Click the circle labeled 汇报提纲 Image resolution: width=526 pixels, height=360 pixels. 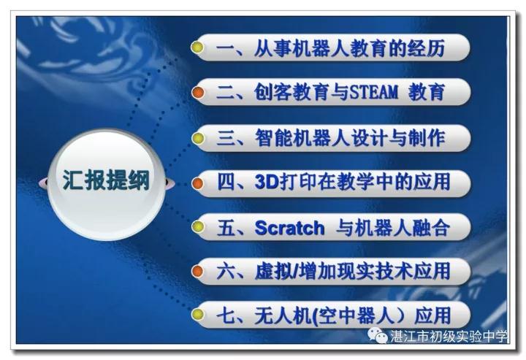107,183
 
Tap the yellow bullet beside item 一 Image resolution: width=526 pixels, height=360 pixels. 197,47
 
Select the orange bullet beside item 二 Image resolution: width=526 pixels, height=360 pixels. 198,92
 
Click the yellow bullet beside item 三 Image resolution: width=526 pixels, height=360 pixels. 198,138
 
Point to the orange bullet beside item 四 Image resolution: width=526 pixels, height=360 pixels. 198,183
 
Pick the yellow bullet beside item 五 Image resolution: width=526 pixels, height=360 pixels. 198,226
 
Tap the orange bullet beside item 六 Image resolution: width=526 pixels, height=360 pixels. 198,271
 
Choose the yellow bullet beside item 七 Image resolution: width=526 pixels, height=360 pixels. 198,314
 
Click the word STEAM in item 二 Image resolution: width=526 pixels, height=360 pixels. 374,92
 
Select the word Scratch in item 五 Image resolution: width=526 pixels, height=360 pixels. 289,228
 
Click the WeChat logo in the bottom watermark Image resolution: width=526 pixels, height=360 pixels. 378,335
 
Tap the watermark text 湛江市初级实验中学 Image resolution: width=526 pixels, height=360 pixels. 449,336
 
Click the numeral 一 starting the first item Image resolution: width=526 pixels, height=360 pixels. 226,48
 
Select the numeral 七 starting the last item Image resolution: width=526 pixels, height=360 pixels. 226,315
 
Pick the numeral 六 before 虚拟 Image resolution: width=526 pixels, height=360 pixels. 226,272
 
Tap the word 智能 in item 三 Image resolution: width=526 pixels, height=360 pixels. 273,138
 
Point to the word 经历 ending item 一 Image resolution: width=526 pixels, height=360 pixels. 426,48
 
